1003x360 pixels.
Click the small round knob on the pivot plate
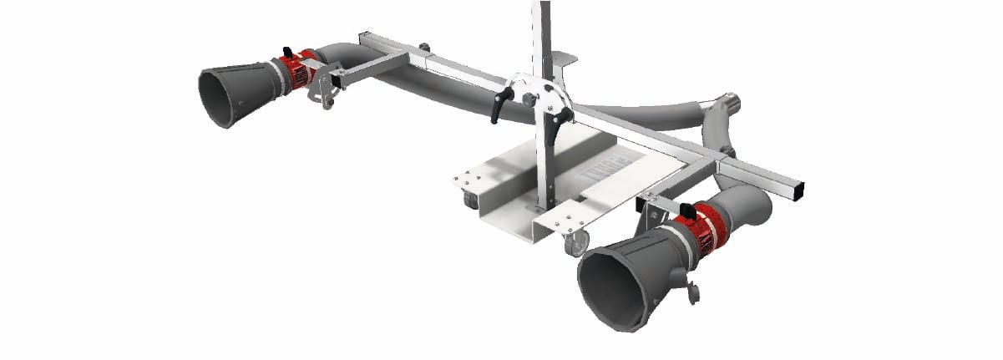coord(529,99)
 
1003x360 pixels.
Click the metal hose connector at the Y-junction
coord(732,105)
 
